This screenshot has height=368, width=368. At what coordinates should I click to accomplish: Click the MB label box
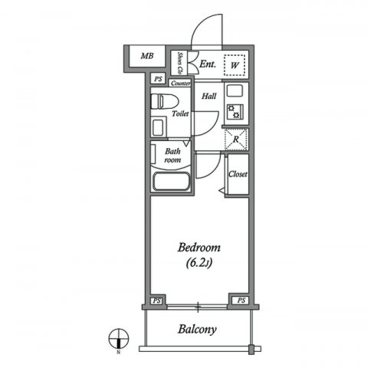(x=145, y=57)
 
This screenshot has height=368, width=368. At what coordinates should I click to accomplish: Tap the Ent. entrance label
(x=207, y=66)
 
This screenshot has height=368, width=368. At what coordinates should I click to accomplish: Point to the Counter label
(x=181, y=82)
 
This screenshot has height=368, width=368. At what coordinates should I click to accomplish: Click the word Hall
(x=209, y=97)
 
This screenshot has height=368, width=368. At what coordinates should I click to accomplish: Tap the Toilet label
(x=181, y=113)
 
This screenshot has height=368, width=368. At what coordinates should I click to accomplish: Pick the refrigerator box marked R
(x=236, y=141)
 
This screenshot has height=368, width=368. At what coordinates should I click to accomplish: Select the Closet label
(x=238, y=174)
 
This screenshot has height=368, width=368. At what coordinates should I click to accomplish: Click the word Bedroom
(x=199, y=248)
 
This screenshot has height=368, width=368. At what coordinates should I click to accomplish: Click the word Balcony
(x=198, y=330)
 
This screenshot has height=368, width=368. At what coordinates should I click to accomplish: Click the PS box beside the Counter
(x=158, y=80)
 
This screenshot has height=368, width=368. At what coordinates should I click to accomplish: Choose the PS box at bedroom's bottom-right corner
(x=240, y=301)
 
